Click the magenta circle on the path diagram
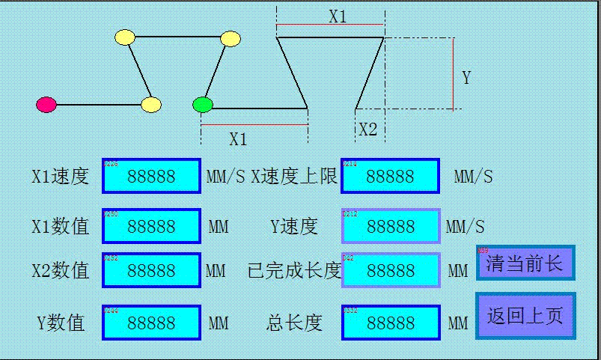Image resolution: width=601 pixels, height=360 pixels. point(46,105)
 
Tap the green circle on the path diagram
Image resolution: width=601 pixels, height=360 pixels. point(202,105)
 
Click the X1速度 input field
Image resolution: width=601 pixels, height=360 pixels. point(151,176)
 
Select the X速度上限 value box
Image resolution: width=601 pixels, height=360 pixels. point(390,176)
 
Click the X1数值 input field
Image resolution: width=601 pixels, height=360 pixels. point(151,226)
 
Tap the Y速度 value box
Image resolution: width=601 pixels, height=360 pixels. point(390,226)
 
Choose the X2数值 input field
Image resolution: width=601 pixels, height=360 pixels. point(151,270)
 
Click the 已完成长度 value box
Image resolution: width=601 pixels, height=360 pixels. point(390,270)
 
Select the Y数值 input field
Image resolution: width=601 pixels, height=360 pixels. point(151,323)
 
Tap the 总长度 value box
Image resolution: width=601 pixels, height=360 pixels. point(390,323)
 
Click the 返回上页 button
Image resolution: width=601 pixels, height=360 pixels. point(525,315)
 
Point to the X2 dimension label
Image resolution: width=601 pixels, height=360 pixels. point(367,129)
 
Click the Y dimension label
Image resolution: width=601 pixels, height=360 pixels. point(466,78)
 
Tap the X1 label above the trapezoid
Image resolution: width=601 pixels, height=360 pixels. point(338,16)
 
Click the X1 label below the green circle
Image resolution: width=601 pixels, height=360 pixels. point(238,138)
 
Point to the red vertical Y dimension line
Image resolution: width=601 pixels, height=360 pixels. point(454,73)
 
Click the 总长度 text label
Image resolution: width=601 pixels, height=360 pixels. point(294,323)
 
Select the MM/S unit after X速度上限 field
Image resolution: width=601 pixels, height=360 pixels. point(473,177)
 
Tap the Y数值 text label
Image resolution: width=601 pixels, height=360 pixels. point(61,323)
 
